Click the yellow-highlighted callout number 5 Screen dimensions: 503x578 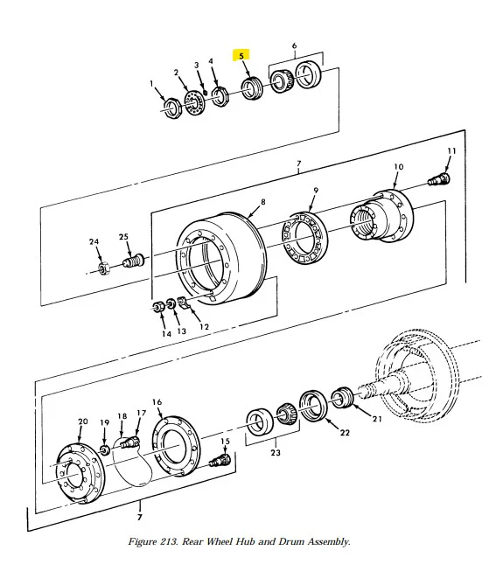coord(241,56)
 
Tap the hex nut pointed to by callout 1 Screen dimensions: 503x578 coord(171,108)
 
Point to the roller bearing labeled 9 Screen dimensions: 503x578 coord(304,238)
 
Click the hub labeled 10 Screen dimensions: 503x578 coord(381,216)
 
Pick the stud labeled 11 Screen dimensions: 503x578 coord(439,180)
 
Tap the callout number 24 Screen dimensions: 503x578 coord(94,241)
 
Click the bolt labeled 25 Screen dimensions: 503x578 coord(133,261)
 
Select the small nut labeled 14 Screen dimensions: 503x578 coord(158,307)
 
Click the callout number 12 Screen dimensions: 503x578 coord(205,326)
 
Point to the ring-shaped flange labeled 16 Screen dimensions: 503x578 coord(176,446)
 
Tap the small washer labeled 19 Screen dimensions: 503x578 coord(105,450)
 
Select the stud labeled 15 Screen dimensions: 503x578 coord(220,461)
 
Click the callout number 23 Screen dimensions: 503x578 coord(276,452)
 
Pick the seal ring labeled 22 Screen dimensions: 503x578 coord(313,406)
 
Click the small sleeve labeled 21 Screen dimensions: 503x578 coord(343,397)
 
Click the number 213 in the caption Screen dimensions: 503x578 coord(169,541)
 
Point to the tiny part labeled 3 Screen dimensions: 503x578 coord(206,82)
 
